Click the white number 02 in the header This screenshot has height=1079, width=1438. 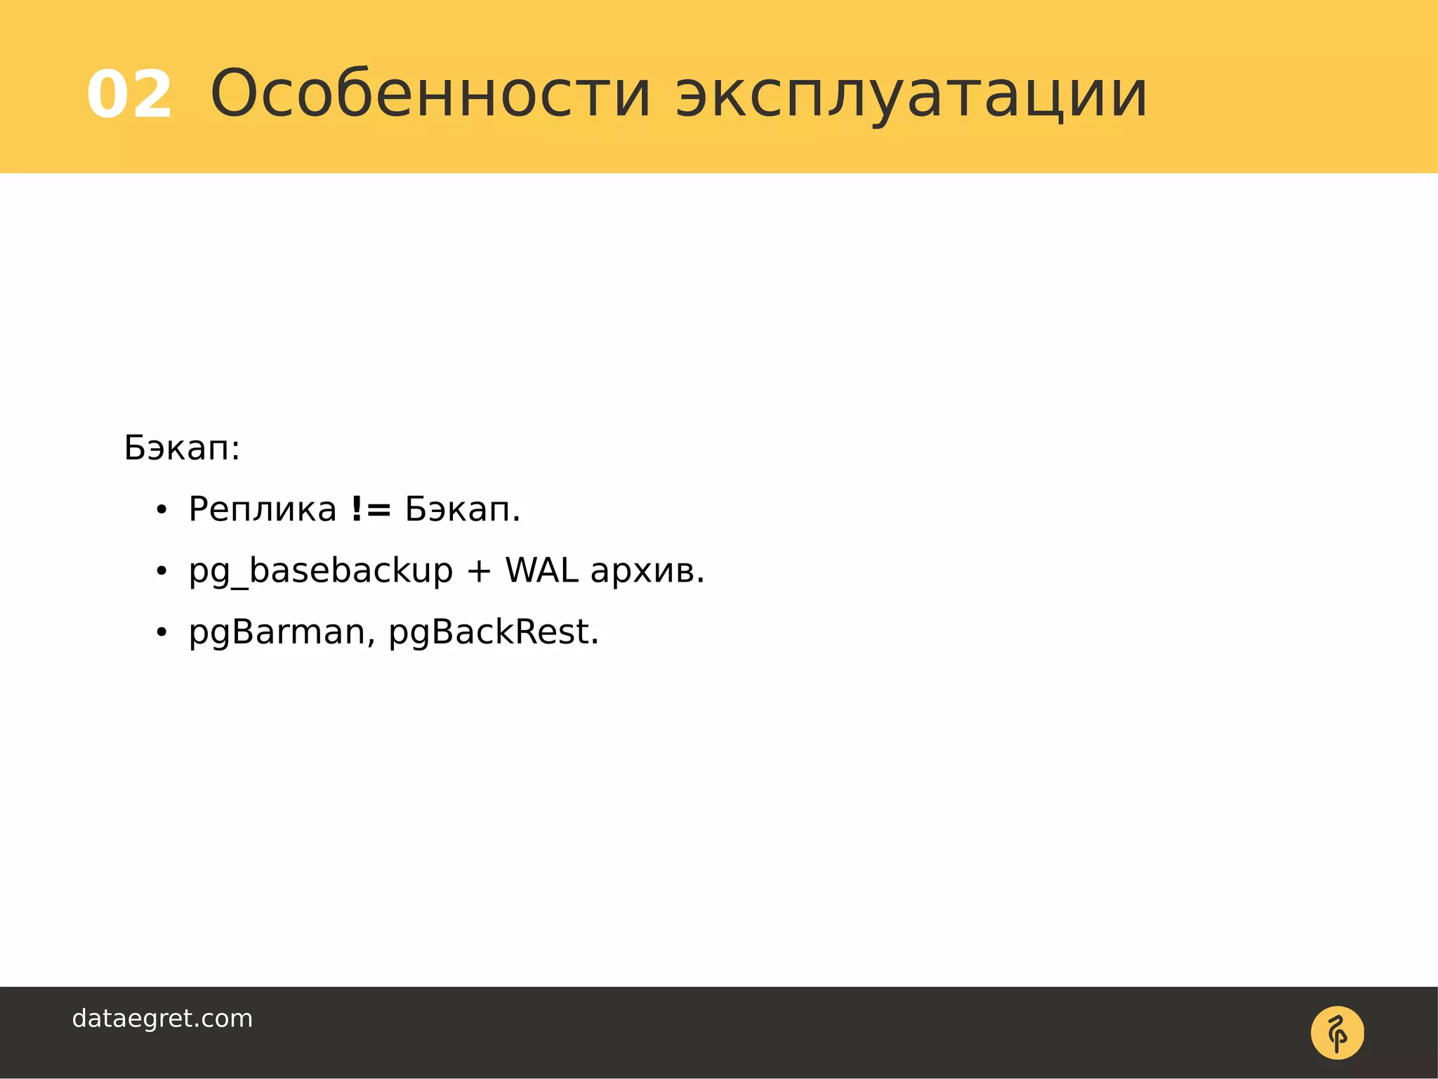[129, 95]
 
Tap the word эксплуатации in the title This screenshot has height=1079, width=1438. [911, 95]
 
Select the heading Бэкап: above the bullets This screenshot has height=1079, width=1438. [182, 447]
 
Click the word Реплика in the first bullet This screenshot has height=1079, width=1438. [263, 509]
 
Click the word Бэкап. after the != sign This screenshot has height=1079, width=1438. [463, 509]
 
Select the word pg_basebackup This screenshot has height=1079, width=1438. [321, 571]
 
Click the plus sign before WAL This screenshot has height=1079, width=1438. [479, 571]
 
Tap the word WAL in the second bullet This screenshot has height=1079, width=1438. [541, 570]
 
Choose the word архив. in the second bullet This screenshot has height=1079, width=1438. [647, 571]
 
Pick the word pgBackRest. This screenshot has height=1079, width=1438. [494, 632]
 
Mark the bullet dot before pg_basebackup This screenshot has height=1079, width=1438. [161, 572]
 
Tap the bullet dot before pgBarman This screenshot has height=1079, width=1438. [161, 633]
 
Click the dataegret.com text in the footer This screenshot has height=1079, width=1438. [162, 1019]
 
